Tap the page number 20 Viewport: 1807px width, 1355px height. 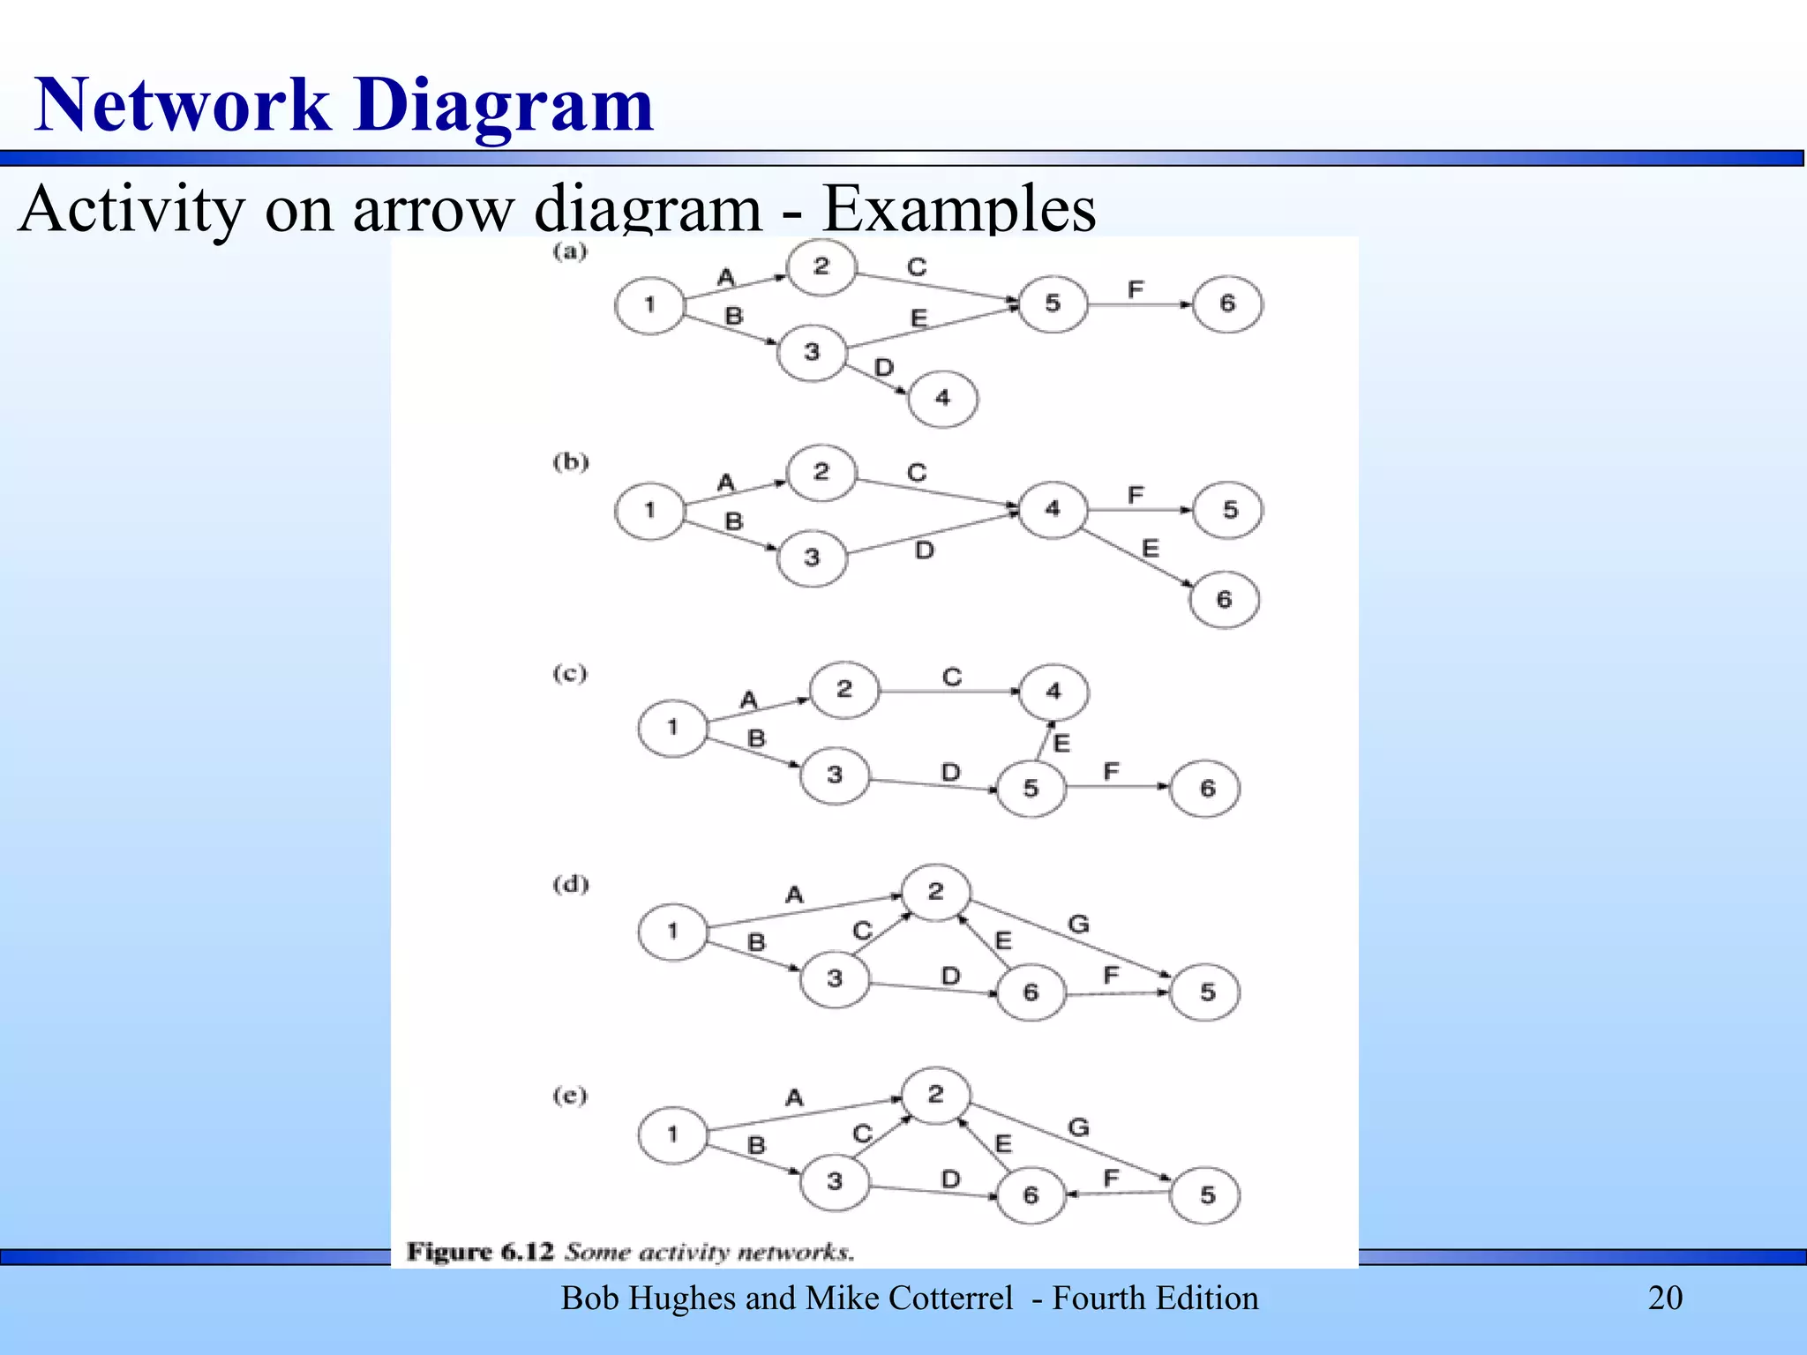point(1665,1298)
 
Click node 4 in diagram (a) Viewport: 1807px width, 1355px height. point(942,399)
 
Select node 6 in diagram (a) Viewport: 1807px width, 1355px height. point(1227,304)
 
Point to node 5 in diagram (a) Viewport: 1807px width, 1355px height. point(1053,304)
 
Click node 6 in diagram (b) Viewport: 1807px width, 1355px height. point(1224,600)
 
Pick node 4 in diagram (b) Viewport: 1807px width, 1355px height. point(1053,509)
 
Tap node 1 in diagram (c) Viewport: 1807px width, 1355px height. point(672,728)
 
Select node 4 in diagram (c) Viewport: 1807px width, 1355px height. point(1053,692)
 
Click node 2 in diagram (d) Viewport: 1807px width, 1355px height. point(935,892)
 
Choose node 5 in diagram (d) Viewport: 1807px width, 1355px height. point(1207,992)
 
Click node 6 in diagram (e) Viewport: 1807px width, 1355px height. point(1031,1195)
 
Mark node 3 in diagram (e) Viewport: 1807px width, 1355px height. point(835,1181)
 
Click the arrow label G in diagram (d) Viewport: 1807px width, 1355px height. point(1078,925)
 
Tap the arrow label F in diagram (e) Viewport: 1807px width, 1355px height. point(1111,1178)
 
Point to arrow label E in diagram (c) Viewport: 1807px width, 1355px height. point(1061,744)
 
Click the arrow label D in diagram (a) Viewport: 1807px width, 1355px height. point(884,367)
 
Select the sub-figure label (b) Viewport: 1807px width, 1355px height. point(570,462)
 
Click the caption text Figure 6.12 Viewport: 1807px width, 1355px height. point(480,1252)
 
